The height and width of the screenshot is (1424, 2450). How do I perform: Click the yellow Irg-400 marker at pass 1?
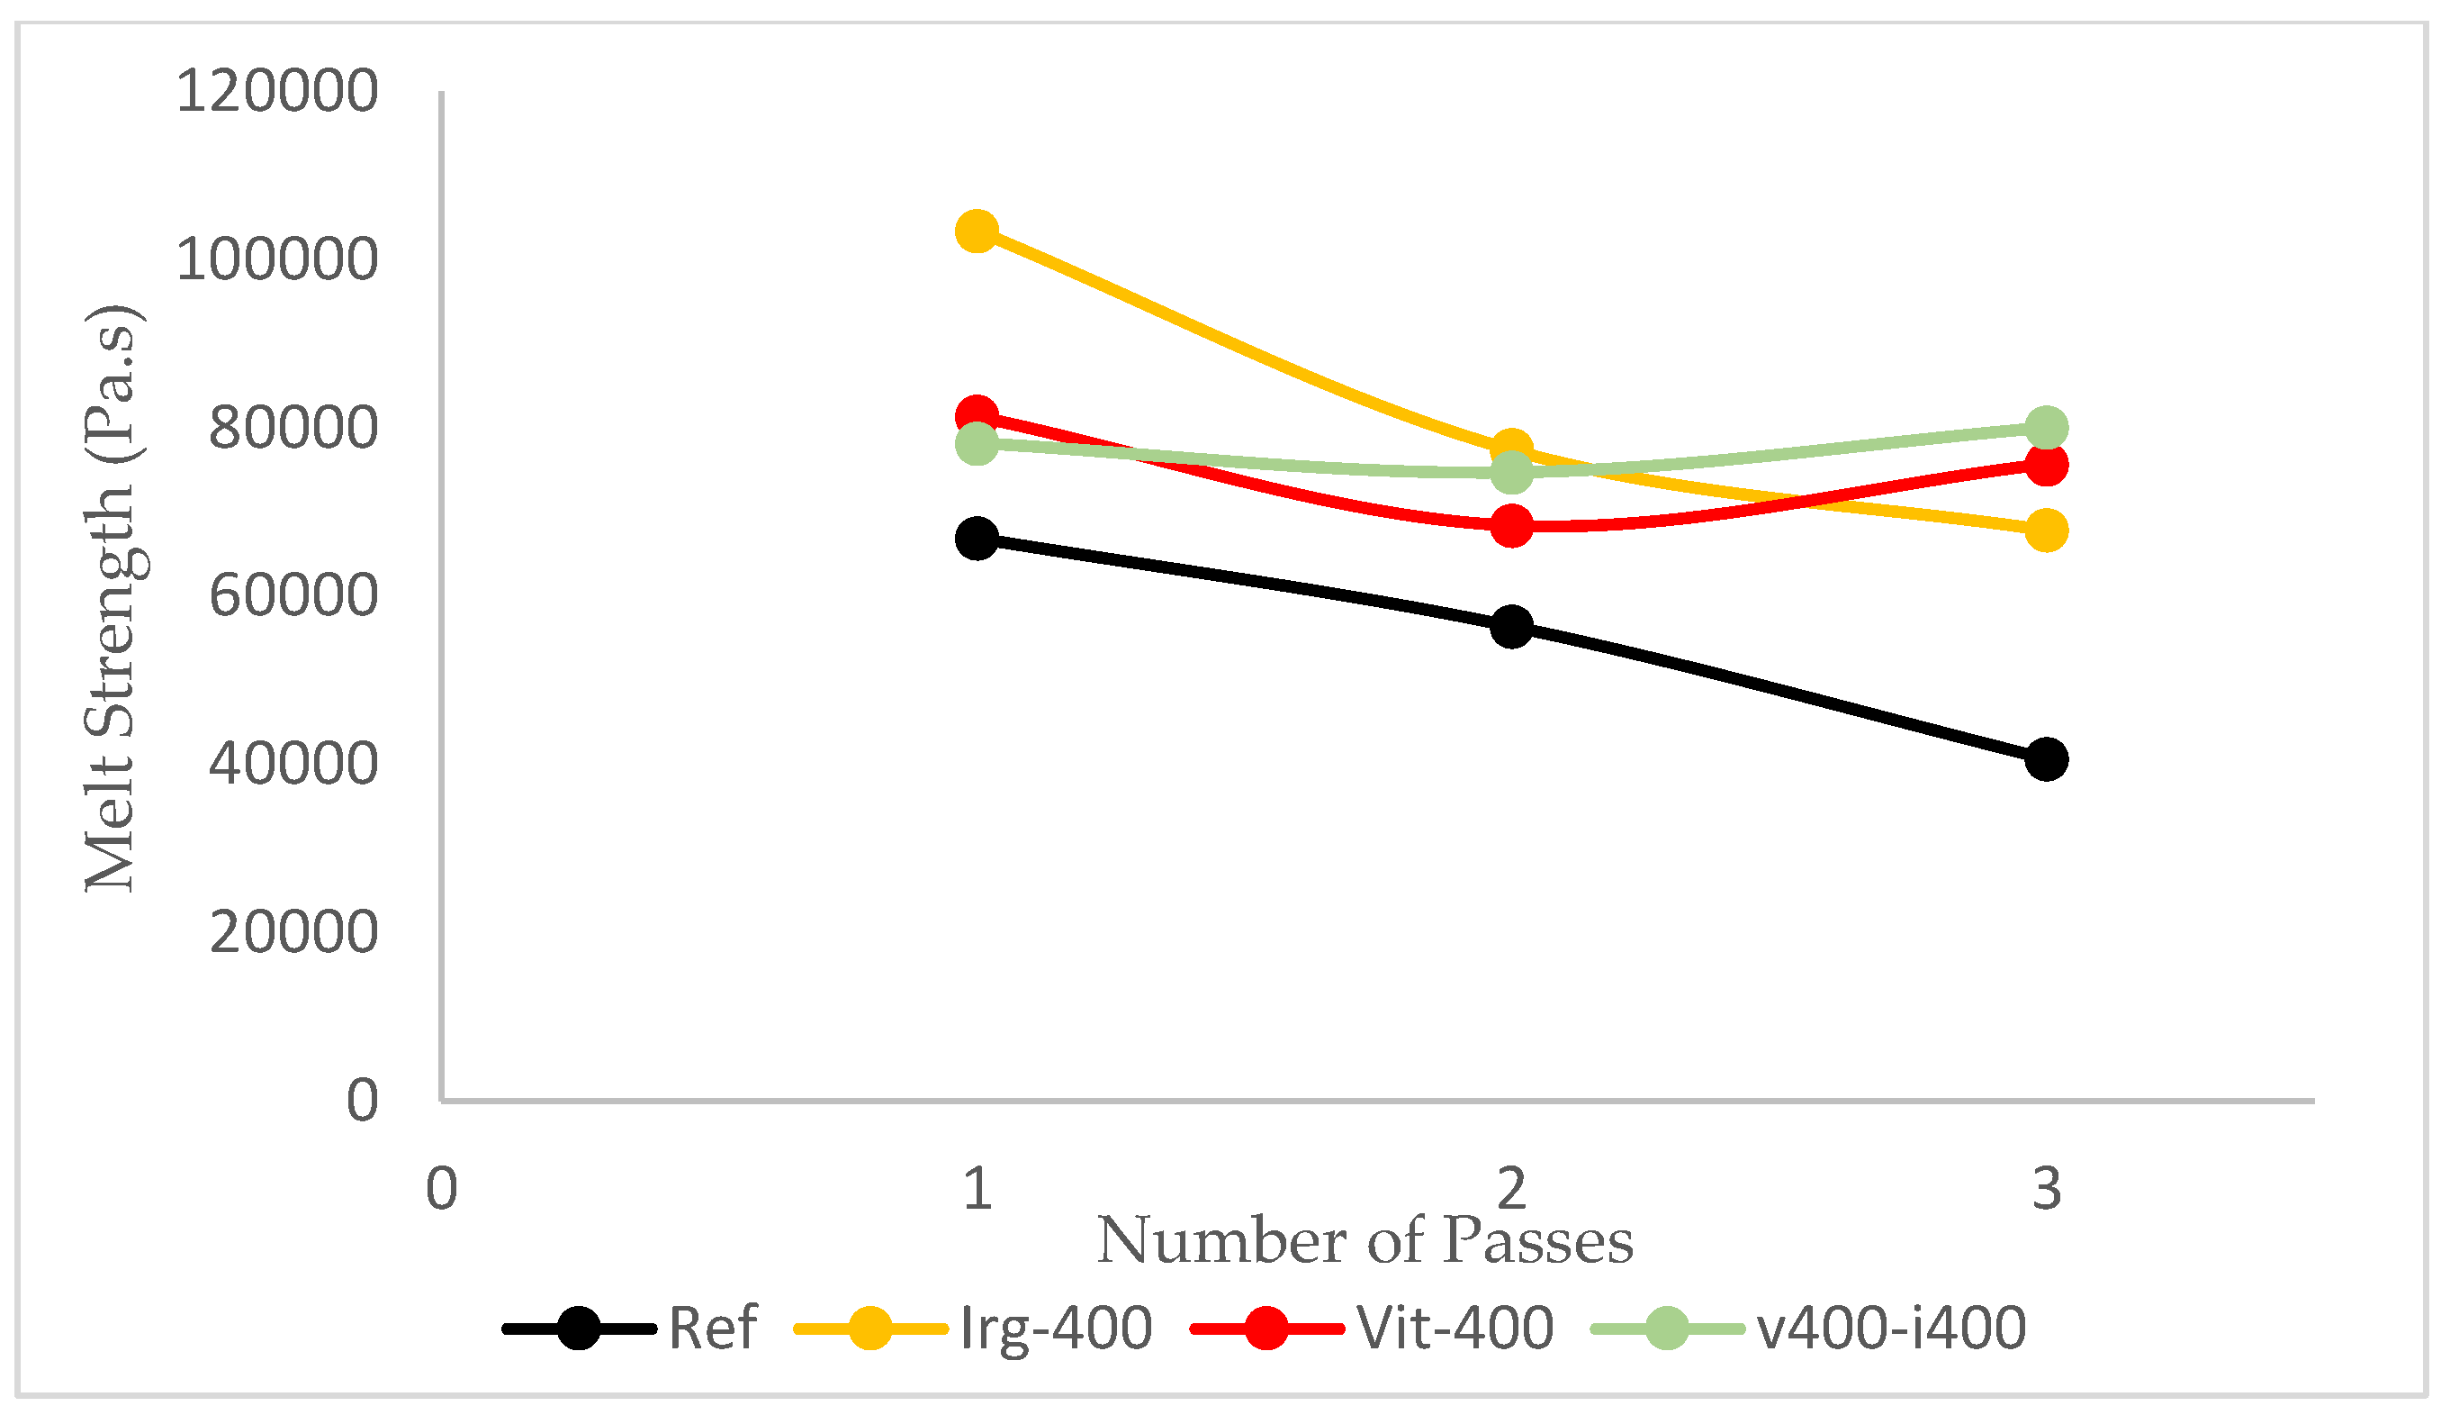click(977, 231)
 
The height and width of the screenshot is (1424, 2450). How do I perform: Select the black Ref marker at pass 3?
click(2047, 758)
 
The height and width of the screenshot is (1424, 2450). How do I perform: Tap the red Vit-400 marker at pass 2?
click(1512, 526)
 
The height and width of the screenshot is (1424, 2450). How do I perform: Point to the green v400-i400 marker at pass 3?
click(2047, 427)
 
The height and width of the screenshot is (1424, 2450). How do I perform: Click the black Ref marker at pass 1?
click(977, 538)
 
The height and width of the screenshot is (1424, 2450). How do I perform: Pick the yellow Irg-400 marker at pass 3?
click(2047, 531)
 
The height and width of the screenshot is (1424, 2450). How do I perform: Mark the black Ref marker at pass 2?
click(1512, 625)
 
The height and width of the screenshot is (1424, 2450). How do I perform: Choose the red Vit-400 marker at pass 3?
click(2047, 465)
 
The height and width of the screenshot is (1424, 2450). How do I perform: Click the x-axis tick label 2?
click(1512, 1189)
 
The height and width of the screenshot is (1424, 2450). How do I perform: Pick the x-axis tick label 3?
click(2047, 1189)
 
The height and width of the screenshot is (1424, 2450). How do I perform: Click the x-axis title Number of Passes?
click(1365, 1241)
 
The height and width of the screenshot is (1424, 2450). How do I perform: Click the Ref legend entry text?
click(712, 1328)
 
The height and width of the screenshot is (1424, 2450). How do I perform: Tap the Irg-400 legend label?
click(1056, 1328)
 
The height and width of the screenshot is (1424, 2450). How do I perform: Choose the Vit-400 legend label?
click(1455, 1328)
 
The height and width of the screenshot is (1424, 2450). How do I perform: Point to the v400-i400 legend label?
click(1892, 1328)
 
